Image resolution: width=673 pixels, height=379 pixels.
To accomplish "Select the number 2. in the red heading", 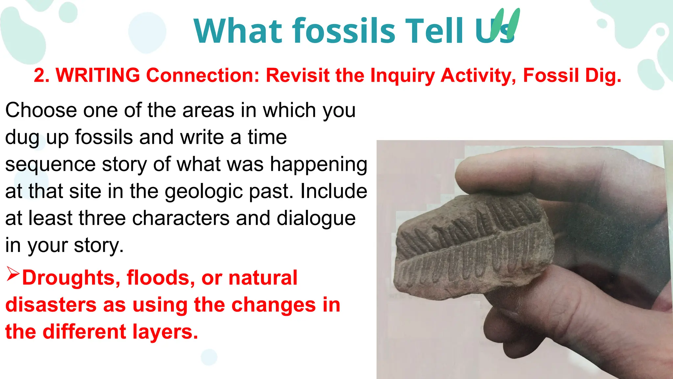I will [41, 75].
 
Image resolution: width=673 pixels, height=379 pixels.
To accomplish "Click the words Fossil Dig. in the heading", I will [572, 75].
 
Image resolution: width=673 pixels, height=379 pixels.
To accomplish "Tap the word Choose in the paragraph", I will [41, 110].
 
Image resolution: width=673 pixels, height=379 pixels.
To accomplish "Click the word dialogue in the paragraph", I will [316, 219].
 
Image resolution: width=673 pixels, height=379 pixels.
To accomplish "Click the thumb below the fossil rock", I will [542, 316].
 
